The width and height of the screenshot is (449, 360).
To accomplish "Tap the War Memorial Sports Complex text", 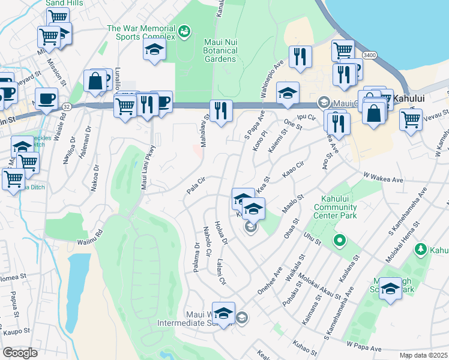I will coord(141,32).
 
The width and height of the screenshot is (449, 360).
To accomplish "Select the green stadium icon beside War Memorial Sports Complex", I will coord(184,29).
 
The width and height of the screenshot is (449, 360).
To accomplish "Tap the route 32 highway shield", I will coord(65,106).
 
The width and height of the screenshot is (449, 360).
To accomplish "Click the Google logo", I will coord(20,352).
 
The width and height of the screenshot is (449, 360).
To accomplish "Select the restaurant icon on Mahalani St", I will coord(221,110).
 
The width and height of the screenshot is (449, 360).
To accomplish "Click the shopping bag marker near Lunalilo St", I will coord(95,80).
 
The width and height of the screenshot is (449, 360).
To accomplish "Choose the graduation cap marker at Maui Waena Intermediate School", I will coord(223,313).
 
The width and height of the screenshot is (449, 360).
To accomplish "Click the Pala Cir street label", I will coord(196,185).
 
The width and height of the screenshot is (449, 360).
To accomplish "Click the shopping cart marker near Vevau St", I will coord(411,119).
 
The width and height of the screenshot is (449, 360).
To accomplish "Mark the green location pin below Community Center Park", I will coord(339,241).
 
